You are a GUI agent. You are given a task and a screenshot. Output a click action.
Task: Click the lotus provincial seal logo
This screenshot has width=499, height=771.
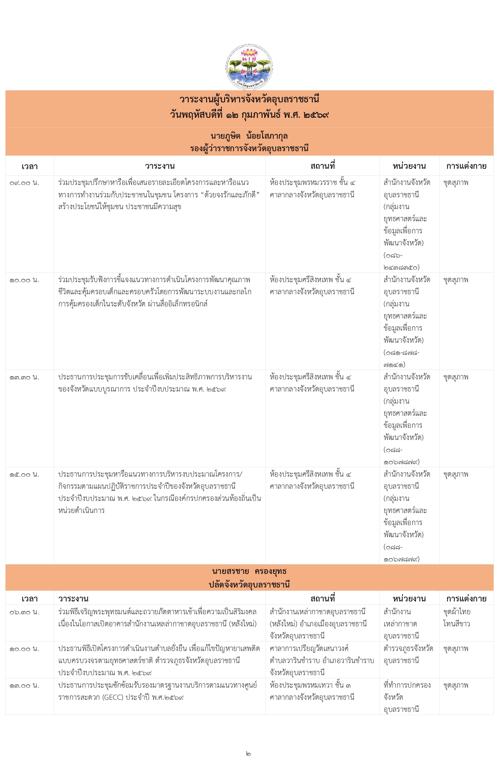[x=249, y=67]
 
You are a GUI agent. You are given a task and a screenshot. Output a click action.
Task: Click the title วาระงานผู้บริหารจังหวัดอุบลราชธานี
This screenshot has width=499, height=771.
[x=249, y=99]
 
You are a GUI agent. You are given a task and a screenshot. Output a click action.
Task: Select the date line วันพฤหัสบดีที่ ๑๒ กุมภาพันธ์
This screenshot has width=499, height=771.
[x=249, y=115]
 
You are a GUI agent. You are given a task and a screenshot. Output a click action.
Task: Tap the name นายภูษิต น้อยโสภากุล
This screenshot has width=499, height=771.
[x=249, y=136]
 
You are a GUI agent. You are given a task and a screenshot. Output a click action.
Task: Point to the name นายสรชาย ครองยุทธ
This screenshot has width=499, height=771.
[x=249, y=571]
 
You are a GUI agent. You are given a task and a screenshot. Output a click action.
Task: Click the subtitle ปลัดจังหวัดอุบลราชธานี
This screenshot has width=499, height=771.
[x=249, y=584]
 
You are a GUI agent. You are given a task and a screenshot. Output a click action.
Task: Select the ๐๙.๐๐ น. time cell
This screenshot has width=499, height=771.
[x=24, y=183]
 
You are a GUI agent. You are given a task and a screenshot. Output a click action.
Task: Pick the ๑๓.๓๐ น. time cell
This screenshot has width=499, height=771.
[x=24, y=377]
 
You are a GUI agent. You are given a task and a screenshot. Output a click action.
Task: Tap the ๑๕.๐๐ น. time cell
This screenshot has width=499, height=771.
[x=24, y=474]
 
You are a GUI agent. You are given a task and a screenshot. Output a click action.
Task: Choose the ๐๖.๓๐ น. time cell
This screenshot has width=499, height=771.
[x=24, y=612]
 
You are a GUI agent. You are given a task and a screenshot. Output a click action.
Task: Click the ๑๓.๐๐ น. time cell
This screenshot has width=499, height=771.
[x=24, y=685]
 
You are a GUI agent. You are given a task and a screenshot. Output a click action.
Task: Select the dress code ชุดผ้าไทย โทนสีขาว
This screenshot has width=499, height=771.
[x=456, y=618]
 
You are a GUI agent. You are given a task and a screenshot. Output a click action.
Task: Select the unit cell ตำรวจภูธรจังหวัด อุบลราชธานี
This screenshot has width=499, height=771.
[x=408, y=655]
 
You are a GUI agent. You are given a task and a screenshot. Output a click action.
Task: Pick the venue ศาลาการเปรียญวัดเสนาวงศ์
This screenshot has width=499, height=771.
[x=309, y=648]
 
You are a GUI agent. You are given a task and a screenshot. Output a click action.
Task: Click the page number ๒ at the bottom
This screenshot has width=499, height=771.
[x=248, y=754]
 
